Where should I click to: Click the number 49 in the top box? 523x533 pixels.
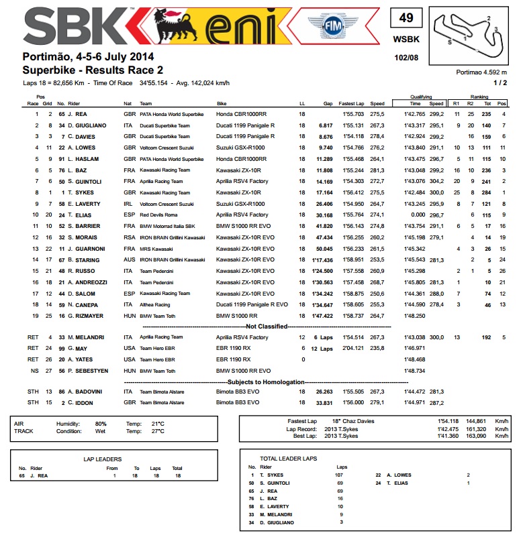pyautogui.click(x=406, y=19)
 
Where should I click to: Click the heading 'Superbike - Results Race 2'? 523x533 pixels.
pyautogui.click(x=93, y=70)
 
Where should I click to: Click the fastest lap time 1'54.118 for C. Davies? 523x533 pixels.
pyautogui.click(x=352, y=136)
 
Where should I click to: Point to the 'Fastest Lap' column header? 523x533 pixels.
pyautogui.click(x=351, y=104)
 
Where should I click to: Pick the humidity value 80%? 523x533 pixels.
pyautogui.click(x=101, y=424)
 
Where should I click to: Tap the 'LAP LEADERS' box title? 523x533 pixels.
pyautogui.click(x=97, y=459)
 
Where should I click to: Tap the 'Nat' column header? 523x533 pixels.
pyautogui.click(x=128, y=104)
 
